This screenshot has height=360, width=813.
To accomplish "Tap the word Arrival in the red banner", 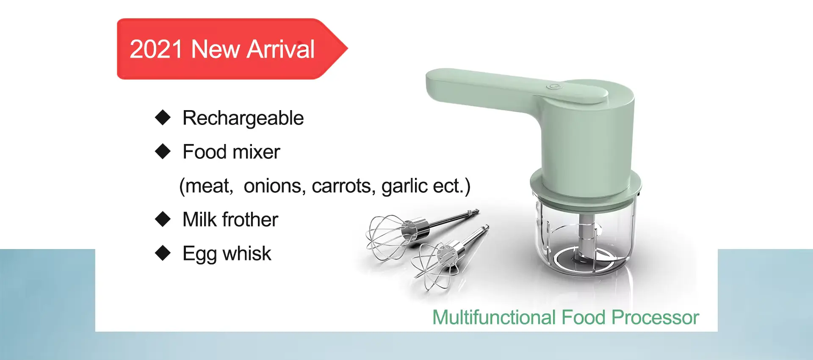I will pyautogui.click(x=281, y=49).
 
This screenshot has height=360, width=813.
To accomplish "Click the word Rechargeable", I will pyautogui.click(x=243, y=118).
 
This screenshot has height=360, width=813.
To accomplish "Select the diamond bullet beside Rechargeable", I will pyautogui.click(x=163, y=117).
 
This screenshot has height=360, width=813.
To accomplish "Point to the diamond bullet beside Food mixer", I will pyautogui.click(x=163, y=151).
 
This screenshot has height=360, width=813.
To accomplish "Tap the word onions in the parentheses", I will pyautogui.click(x=273, y=186).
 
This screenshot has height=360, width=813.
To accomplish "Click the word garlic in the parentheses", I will pyautogui.click(x=404, y=186).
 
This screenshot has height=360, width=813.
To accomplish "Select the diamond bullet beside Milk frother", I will pyautogui.click(x=163, y=219).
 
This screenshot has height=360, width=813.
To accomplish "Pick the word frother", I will pyautogui.click(x=250, y=220).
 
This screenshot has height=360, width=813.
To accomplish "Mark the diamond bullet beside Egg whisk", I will pyautogui.click(x=163, y=253).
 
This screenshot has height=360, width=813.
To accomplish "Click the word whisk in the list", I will pyautogui.click(x=247, y=254).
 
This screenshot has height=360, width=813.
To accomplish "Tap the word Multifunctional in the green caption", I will pyautogui.click(x=494, y=318).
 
